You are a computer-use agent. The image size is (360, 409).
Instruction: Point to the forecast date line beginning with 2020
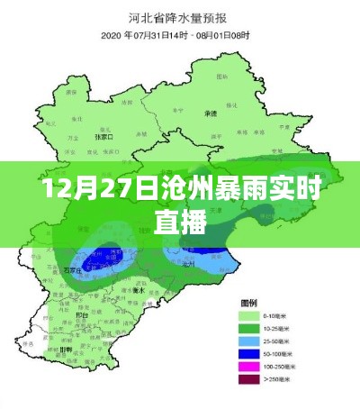click(x=180, y=34)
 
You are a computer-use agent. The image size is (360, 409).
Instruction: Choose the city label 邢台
click(x=83, y=315)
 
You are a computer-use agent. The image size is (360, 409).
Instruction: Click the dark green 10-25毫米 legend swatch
click(x=247, y=330)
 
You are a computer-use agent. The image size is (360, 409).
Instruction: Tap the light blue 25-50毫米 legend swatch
click(x=247, y=342)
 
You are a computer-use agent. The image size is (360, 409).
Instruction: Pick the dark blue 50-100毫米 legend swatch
click(x=247, y=355)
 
